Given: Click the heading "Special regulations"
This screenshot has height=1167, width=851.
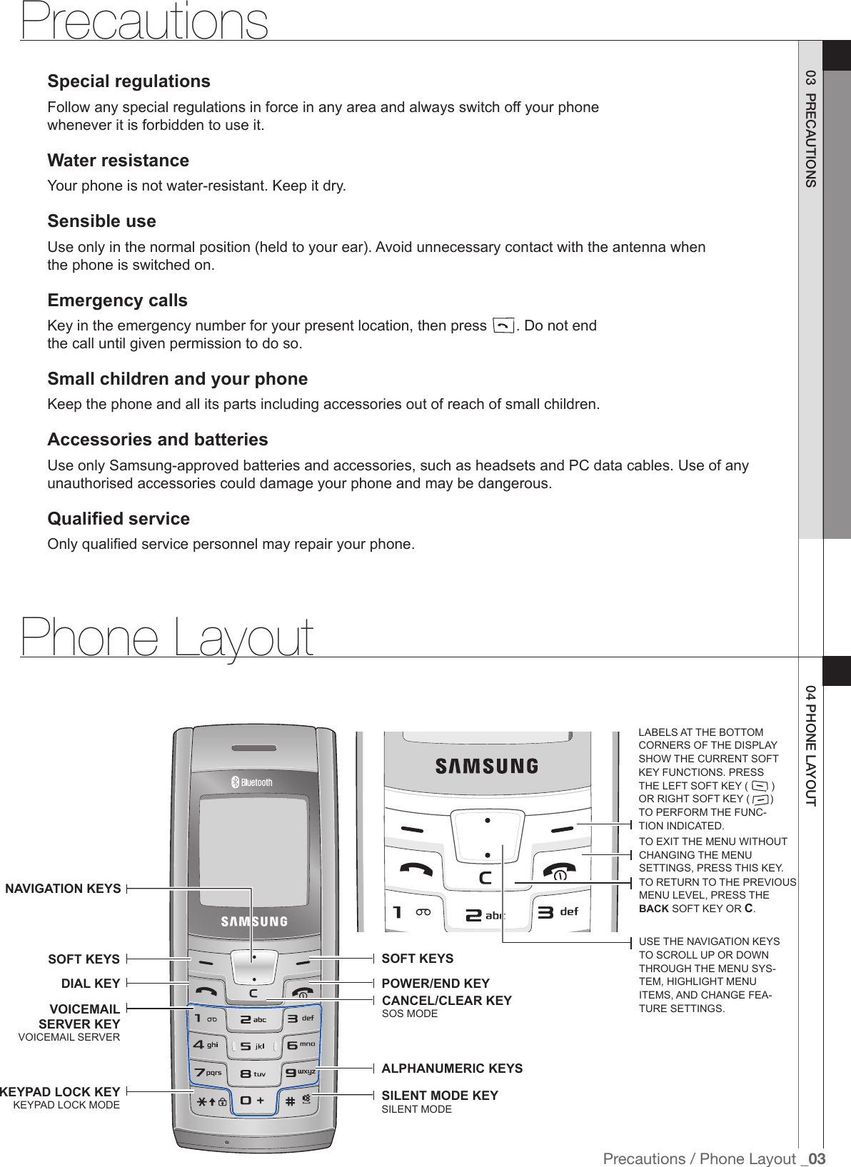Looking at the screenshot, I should pyautogui.click(x=129, y=81).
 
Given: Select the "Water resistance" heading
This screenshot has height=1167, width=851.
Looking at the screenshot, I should pyautogui.click(x=118, y=160).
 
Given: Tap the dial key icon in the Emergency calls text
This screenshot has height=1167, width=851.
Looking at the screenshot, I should pyautogui.click(x=503, y=327).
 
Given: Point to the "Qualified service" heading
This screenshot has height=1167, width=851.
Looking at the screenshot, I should pyautogui.click(x=119, y=518).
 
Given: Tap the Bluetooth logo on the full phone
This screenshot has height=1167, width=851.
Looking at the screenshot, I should pyautogui.click(x=251, y=782).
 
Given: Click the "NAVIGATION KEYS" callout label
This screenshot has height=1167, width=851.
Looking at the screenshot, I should pyautogui.click(x=63, y=889).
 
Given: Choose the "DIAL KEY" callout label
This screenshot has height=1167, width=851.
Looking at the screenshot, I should pyautogui.click(x=91, y=984).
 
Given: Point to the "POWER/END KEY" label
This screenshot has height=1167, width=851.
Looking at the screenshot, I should pyautogui.click(x=435, y=984).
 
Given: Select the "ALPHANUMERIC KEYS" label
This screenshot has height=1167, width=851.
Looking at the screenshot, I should pyautogui.click(x=452, y=1069).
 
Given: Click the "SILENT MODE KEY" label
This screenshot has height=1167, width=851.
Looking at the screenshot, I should pyautogui.click(x=440, y=1096).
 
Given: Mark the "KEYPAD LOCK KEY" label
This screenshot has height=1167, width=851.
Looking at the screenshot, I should pyautogui.click(x=60, y=1093).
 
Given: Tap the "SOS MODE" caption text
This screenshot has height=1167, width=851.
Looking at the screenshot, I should pyautogui.click(x=410, y=1014).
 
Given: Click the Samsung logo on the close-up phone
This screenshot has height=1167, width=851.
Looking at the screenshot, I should pyautogui.click(x=486, y=766).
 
